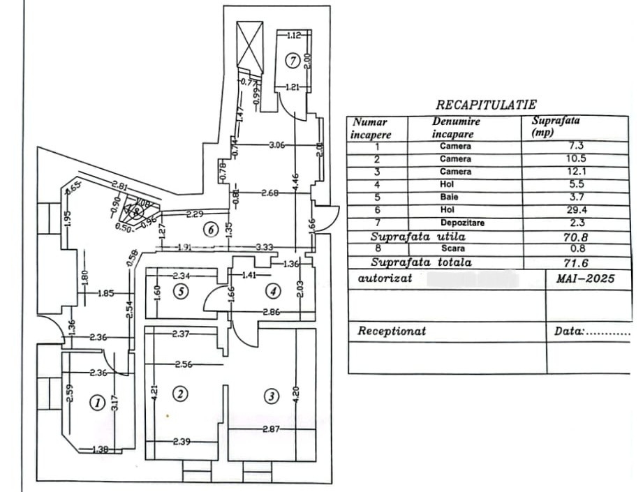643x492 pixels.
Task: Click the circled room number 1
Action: (98, 402)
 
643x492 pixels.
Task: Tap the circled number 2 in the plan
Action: (180, 394)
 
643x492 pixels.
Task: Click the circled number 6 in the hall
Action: (208, 229)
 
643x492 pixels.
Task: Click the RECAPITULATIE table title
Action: (486, 105)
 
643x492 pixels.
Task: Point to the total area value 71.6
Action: (576, 262)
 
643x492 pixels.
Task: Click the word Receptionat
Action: (392, 331)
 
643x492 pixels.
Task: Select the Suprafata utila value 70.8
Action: (576, 237)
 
